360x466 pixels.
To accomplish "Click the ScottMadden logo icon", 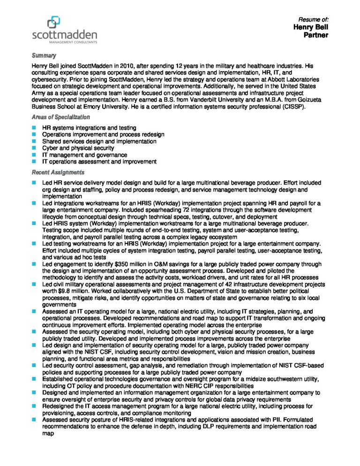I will coord(54,22).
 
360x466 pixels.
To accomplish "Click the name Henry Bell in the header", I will coord(311,28).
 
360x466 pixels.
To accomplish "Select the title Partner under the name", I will coord(316,35).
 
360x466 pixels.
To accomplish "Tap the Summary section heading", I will coord(44,55).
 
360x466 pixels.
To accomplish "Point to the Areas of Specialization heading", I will coord(60,117).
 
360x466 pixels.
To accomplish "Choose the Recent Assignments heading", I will coord(58,172).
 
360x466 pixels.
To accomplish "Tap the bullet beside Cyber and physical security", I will coord(34,148).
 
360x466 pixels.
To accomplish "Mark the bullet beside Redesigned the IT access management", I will coord(34,406).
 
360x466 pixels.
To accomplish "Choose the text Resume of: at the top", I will coord(314,19).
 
